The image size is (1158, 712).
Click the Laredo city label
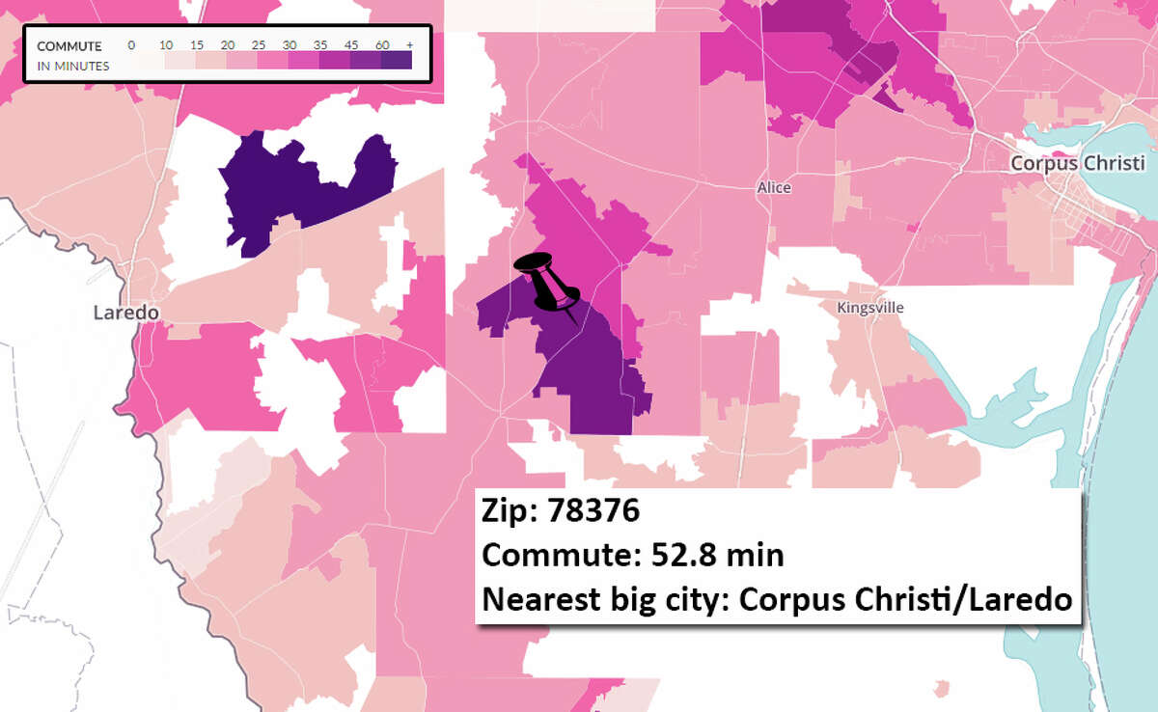point(125,313)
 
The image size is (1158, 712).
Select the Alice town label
point(774,188)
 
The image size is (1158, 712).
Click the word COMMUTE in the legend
point(69,46)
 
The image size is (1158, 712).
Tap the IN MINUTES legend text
point(73,66)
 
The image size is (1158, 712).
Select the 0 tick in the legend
point(132,46)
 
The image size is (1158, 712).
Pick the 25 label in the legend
point(259,46)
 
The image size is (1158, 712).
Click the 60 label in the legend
point(382,46)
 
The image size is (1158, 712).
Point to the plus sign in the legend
point(409,46)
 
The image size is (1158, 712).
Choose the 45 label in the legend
point(351,46)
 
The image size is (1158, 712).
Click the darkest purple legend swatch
point(397,61)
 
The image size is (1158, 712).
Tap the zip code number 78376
point(593,510)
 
